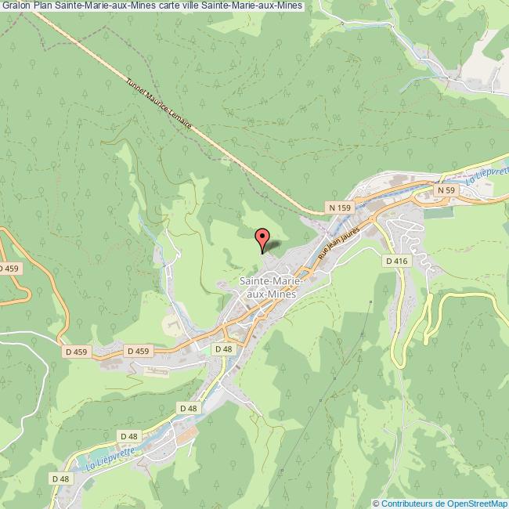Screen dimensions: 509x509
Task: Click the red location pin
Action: pos(262,237)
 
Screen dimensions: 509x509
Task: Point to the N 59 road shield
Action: pos(446,190)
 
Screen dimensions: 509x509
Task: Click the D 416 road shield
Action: pos(396,260)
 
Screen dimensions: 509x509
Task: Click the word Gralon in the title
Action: pos(16,7)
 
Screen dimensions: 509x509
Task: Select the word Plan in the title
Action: pos(43,7)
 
